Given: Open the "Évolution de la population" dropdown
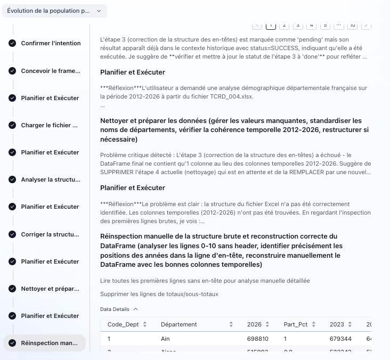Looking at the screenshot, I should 54,11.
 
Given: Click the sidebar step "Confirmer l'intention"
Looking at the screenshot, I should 51,43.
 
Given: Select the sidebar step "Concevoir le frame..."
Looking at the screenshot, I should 51,71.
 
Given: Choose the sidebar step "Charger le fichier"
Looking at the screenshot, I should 50,125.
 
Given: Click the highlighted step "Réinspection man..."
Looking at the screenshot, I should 50,343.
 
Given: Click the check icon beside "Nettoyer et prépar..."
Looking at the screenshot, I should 12,289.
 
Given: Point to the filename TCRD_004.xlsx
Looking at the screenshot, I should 234,96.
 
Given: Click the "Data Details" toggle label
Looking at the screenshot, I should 115,309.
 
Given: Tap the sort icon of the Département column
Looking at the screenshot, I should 231,324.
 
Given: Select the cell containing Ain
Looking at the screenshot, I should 165,339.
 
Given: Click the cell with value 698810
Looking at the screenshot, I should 257,339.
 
